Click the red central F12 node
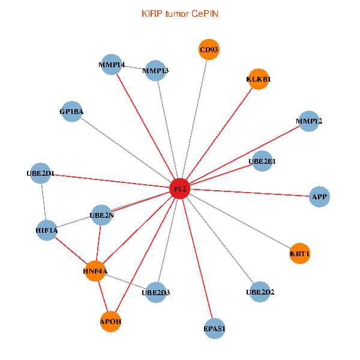pyautogui.click(x=180, y=188)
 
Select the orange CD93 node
pyautogui.click(x=209, y=50)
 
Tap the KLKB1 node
pyautogui.click(x=259, y=79)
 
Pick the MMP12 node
pyautogui.click(x=309, y=122)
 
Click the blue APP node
pyautogui.click(x=319, y=196)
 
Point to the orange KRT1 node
pyautogui.click(x=299, y=254)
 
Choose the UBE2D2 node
pyautogui.click(x=260, y=292)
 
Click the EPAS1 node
pyautogui.click(x=214, y=328)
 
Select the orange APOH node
pyautogui.click(x=111, y=321)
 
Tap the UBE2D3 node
pyautogui.click(x=156, y=292)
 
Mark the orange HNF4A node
pyautogui.click(x=95, y=271)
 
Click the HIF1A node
pyautogui.click(x=47, y=230)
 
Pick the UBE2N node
pyautogui.click(x=101, y=215)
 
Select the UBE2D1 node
pyautogui.click(x=40, y=173)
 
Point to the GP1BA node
pyautogui.click(x=72, y=111)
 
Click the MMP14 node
pyautogui.click(x=112, y=64)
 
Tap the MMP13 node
pyautogui.click(x=155, y=71)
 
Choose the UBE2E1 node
pyautogui.click(x=262, y=161)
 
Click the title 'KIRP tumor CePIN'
pyautogui.click(x=180, y=13)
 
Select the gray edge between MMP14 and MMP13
pyautogui.click(x=134, y=67)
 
